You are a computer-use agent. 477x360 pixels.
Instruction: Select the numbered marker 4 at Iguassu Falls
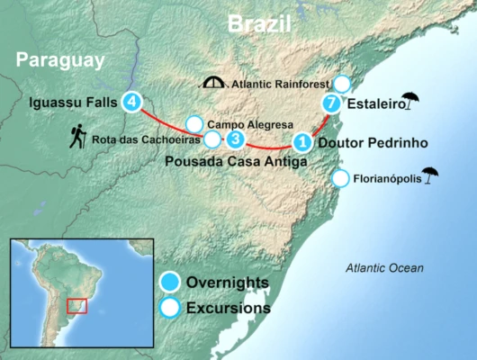pyautogui.click(x=133, y=102)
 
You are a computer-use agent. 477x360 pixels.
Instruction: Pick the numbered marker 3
pyautogui.click(x=235, y=139)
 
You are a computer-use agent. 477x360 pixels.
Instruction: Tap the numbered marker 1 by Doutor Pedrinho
pyautogui.click(x=302, y=141)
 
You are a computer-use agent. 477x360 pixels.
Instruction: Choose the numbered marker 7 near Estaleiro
pyautogui.click(x=332, y=103)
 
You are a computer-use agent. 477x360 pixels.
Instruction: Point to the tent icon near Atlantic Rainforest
pyautogui.click(x=214, y=84)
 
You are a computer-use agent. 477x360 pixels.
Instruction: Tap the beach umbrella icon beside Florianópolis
pyautogui.click(x=430, y=176)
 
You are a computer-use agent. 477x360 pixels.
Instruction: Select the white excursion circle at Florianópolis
pyautogui.click(x=340, y=178)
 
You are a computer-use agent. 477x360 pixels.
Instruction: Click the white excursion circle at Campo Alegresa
pyautogui.click(x=193, y=124)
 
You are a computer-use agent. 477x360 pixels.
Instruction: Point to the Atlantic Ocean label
pyautogui.click(x=385, y=268)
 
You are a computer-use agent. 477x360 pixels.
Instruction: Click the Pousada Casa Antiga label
pyautogui.click(x=236, y=162)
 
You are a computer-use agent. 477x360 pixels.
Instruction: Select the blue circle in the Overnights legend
pyautogui.click(x=166, y=283)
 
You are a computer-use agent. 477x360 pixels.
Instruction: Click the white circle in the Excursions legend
pyautogui.click(x=166, y=308)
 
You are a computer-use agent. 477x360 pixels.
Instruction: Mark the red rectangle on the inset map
pyautogui.click(x=77, y=306)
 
